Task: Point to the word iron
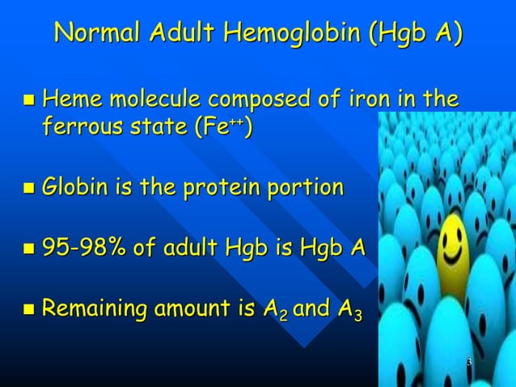click(372, 100)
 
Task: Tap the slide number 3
click(468, 361)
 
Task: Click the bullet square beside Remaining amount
click(29, 309)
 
